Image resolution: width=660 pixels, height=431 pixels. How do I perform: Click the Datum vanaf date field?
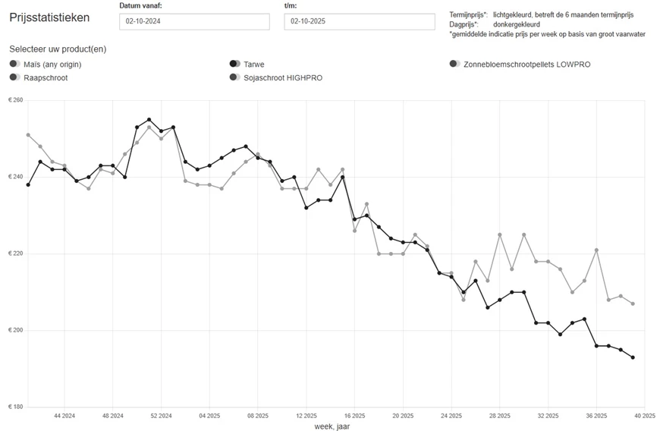pyautogui.click(x=194, y=21)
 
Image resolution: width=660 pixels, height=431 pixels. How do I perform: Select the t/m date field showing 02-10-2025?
pyautogui.click(x=359, y=21)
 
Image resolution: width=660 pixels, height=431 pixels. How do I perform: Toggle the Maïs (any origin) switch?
pyautogui.click(x=15, y=64)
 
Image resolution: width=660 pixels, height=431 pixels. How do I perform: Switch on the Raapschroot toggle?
pyautogui.click(x=15, y=77)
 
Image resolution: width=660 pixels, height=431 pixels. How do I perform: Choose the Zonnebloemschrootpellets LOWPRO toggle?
pyautogui.click(x=454, y=64)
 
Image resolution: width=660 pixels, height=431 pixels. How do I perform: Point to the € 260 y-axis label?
pyautogui.click(x=15, y=100)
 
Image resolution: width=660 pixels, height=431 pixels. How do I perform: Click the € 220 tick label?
pyautogui.click(x=15, y=253)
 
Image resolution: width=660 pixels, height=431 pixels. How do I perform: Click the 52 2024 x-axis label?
pyautogui.click(x=161, y=416)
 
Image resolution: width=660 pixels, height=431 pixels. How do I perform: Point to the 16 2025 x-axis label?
pyautogui.click(x=354, y=416)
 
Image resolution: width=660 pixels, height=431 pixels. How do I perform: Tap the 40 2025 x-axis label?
pyautogui.click(x=644, y=416)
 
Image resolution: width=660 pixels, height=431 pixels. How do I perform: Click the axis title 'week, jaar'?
pyautogui.click(x=332, y=426)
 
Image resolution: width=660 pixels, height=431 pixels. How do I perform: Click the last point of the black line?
pyautogui.click(x=633, y=357)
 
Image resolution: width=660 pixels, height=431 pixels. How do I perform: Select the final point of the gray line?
pyautogui.click(x=633, y=304)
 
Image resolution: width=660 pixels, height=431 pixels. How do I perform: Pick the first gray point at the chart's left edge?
pyautogui.click(x=28, y=135)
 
